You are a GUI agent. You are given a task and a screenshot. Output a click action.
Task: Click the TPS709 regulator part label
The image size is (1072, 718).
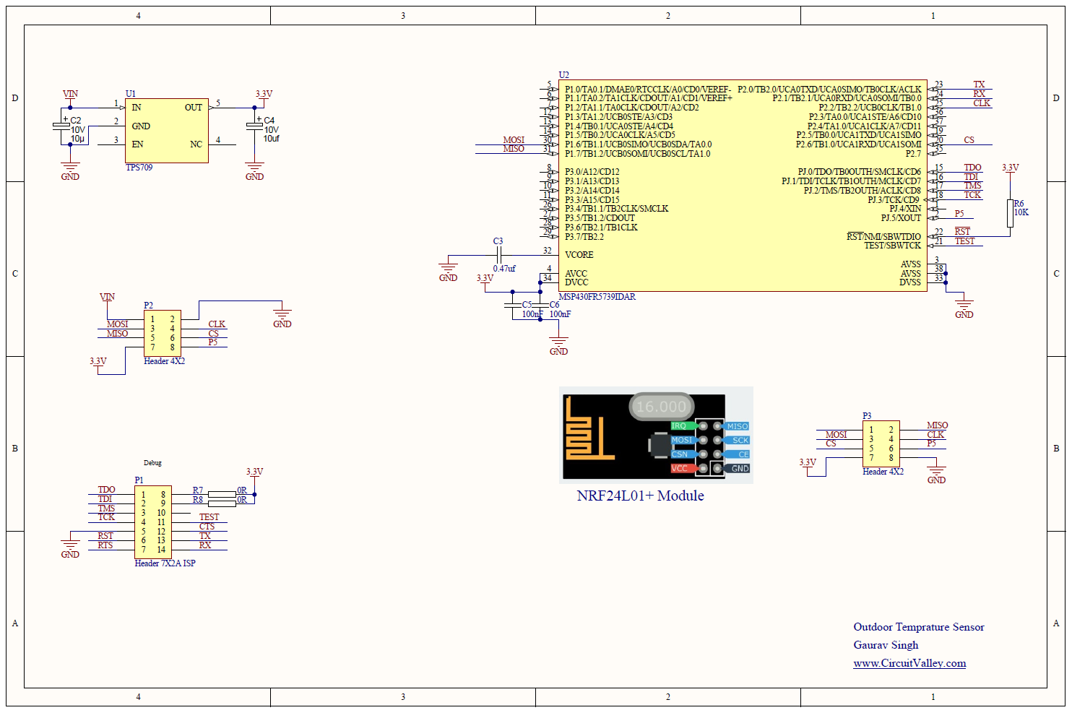[139, 168]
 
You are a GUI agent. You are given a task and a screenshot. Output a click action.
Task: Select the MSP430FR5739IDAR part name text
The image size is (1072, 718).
[597, 297]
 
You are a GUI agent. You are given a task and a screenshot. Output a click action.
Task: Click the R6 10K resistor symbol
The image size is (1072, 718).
[1010, 213]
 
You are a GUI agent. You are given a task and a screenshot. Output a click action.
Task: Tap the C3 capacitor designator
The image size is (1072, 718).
[498, 241]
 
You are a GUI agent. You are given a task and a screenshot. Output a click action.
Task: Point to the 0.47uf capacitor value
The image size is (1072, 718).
[504, 269]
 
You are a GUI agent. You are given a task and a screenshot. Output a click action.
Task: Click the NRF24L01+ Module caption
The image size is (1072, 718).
[640, 496]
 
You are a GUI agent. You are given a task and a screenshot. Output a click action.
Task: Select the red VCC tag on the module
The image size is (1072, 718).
[680, 468]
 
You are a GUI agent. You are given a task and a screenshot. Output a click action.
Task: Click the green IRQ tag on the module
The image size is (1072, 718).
[680, 426]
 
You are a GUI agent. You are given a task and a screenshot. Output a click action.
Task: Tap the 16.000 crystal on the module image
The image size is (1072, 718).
[661, 407]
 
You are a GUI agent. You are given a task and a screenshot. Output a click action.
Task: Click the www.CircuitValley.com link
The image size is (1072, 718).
[909, 663]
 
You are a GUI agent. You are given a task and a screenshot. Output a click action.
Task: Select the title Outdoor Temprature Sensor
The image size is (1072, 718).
[918, 627]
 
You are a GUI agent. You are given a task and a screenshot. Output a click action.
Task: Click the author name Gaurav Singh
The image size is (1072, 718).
[886, 645]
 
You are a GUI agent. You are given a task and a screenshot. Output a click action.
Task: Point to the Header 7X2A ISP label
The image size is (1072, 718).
[165, 563]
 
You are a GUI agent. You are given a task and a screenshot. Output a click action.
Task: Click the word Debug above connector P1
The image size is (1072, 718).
[152, 463]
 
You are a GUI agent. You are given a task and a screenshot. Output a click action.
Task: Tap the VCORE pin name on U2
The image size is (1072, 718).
[579, 255]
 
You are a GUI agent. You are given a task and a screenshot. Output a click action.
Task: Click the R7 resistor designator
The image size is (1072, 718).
[198, 490]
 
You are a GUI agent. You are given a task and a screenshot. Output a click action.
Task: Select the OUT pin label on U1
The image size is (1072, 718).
[193, 108]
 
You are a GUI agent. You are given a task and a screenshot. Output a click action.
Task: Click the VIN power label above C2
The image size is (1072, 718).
[70, 94]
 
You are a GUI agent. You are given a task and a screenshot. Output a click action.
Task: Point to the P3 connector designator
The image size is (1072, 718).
[867, 416]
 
